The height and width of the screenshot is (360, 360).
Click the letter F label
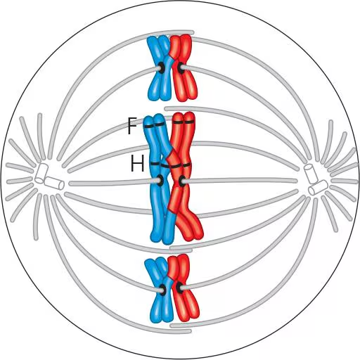132,125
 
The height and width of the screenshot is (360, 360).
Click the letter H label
137,164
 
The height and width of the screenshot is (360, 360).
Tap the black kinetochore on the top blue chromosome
162,67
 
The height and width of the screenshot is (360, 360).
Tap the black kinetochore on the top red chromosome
180,67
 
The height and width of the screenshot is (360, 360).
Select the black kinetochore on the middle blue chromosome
160,181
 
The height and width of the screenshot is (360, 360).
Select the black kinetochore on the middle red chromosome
182,181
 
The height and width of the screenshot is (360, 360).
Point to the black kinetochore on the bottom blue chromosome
163,289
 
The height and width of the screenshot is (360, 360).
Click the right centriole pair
315,179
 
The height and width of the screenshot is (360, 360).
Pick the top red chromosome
184,68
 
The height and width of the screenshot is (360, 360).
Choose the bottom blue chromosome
160,290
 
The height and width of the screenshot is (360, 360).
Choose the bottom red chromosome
183,288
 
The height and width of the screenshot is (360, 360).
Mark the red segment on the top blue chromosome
172,54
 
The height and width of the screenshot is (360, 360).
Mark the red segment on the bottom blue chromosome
171,274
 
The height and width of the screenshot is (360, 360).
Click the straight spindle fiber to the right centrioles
240,181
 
